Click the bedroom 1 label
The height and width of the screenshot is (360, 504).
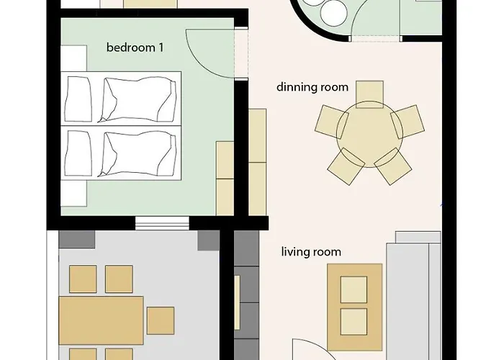(135, 48)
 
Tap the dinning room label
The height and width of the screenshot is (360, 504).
(312, 87)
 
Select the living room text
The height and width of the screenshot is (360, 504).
(311, 252)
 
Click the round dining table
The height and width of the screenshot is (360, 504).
(369, 134)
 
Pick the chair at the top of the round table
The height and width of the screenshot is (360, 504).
(369, 94)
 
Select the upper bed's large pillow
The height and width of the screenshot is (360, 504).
(140, 99)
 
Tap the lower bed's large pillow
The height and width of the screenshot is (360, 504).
(140, 153)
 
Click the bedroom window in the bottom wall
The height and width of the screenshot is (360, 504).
(162, 223)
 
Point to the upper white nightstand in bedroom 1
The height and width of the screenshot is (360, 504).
(73, 58)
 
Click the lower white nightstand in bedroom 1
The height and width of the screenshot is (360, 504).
(73, 193)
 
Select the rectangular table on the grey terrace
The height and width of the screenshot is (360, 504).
(101, 320)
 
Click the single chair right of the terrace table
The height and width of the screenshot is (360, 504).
(161, 320)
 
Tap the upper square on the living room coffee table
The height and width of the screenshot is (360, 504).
(354, 289)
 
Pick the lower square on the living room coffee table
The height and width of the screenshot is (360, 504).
(354, 322)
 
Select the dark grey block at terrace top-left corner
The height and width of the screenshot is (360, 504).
(77, 240)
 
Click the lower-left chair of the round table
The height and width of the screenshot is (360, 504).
(346, 166)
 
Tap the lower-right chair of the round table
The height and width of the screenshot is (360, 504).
(393, 166)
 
